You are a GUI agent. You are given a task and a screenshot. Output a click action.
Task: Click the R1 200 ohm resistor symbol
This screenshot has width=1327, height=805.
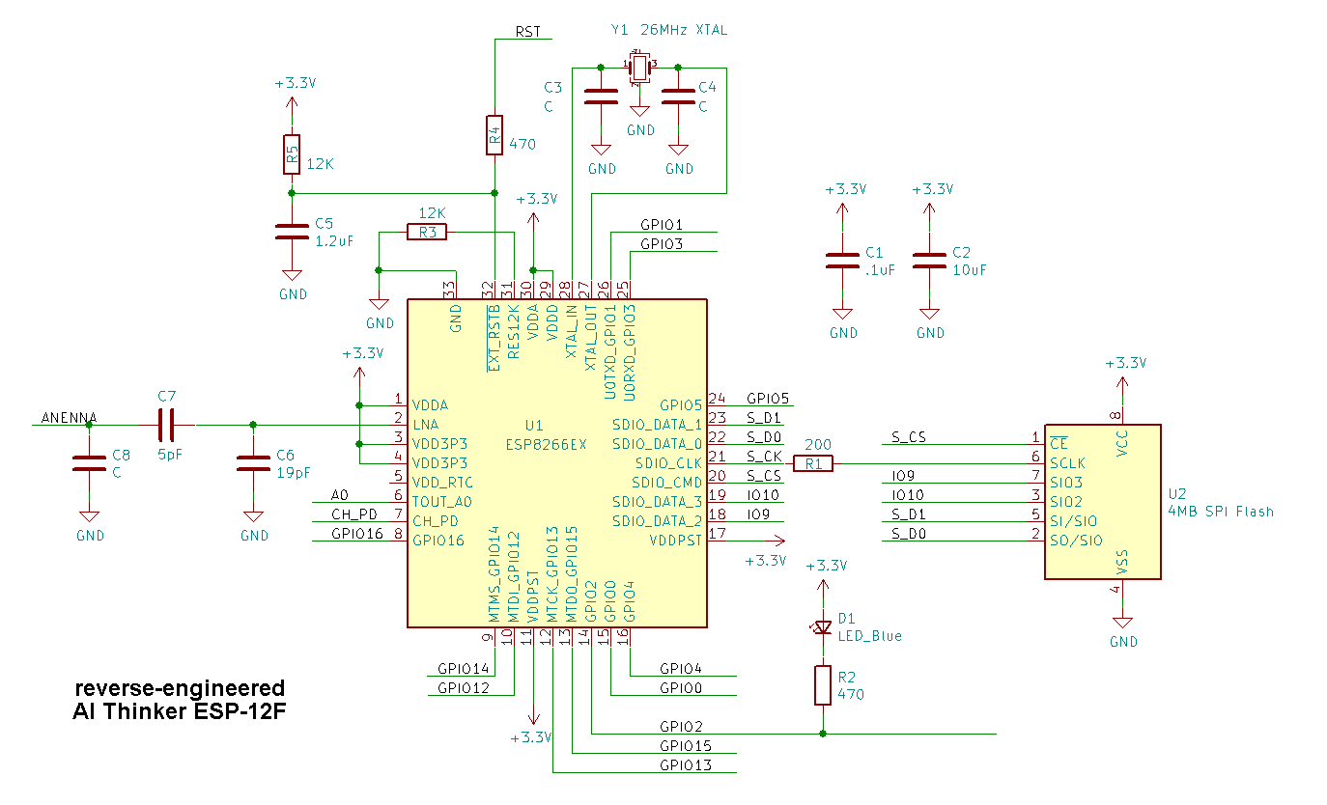pos(812,463)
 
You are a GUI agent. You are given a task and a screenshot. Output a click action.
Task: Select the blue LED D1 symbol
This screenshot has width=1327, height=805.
pos(822,627)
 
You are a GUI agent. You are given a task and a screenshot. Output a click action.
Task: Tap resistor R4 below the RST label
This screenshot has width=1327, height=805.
pos(494,135)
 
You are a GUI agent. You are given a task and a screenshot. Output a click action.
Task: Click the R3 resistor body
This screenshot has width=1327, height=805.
pos(427,232)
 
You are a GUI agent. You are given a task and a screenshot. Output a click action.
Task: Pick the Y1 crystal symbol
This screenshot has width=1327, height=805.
pos(638,68)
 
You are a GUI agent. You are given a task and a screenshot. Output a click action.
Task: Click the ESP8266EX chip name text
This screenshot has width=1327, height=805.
pos(547,444)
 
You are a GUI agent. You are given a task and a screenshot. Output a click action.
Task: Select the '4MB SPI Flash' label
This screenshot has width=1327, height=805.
pos(1220,512)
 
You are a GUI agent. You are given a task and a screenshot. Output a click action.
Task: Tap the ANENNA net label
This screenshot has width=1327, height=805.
pos(68,418)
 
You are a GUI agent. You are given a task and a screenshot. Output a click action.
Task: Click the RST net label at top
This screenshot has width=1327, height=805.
pos(528,31)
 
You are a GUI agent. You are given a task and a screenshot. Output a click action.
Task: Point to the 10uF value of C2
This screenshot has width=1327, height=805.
pos(969,270)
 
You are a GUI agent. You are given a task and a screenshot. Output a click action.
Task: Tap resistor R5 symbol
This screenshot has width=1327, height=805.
pos(291,154)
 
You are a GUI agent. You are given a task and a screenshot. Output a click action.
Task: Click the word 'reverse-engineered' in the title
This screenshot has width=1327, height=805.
pos(181,688)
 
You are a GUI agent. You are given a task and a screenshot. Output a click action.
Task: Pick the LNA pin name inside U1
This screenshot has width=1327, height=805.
pos(425,425)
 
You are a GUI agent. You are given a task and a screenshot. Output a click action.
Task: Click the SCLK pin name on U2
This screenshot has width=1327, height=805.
pos(1068,463)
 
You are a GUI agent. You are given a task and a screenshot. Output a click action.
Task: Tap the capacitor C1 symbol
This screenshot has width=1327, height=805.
pos(842,261)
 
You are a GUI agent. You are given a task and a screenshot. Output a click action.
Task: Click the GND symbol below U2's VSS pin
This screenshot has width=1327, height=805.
pos(1122,625)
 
